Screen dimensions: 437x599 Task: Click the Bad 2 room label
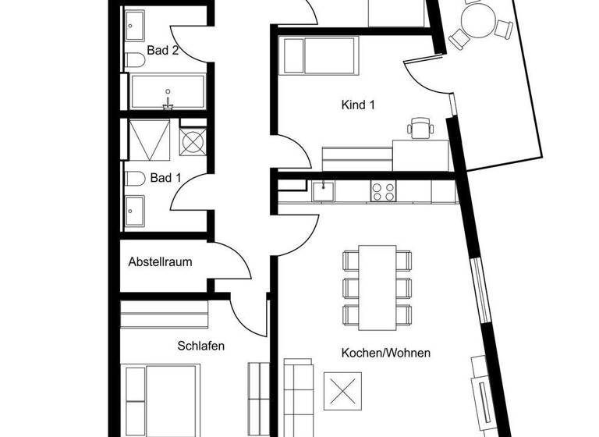click(164, 52)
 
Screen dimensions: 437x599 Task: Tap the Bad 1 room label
click(165, 179)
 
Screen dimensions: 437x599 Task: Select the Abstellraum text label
click(160, 262)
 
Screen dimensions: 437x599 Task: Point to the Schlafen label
click(201, 346)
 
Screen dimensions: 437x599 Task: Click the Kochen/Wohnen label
click(386, 353)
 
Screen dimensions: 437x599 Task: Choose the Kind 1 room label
click(358, 105)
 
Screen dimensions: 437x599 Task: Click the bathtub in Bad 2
click(168, 91)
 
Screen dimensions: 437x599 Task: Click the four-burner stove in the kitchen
click(382, 191)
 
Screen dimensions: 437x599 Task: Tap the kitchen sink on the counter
click(323, 191)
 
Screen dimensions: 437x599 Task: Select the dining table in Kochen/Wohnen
click(377, 287)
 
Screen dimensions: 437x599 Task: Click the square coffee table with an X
click(343, 389)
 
